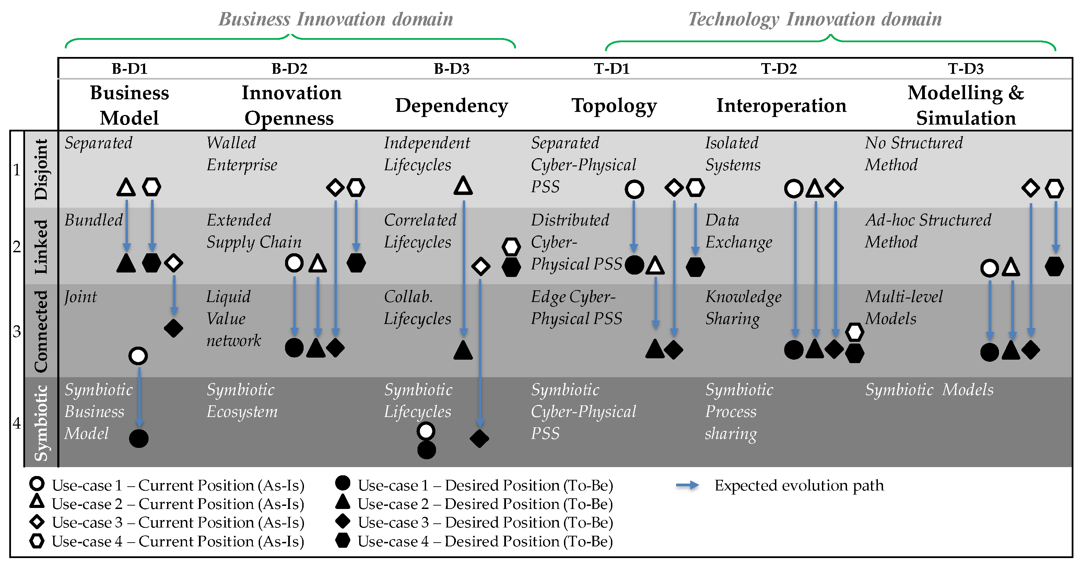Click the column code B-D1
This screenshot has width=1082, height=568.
[x=129, y=69]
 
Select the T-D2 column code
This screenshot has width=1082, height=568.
[x=779, y=69]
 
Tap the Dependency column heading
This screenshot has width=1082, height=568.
[x=451, y=105]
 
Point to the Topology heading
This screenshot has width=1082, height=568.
[x=614, y=105]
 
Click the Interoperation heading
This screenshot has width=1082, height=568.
[x=781, y=105]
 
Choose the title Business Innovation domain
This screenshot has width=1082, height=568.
[x=336, y=19]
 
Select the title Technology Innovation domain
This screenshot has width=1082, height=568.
[x=814, y=19]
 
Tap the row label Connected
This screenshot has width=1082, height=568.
[x=41, y=331]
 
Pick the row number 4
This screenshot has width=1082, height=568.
[x=17, y=422]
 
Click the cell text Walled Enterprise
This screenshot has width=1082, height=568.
[x=242, y=154]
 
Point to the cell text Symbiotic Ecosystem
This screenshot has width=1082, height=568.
[x=242, y=401]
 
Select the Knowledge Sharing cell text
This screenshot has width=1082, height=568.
[x=743, y=308]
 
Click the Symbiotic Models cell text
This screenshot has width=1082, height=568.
[x=929, y=390]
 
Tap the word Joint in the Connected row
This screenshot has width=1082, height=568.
[x=80, y=297]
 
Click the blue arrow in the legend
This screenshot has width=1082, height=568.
[x=687, y=486]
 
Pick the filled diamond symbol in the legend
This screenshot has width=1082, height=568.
[x=343, y=521]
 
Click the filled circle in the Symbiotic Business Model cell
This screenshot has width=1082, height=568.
[x=139, y=439]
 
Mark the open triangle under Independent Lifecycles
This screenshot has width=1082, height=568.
[x=463, y=186]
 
